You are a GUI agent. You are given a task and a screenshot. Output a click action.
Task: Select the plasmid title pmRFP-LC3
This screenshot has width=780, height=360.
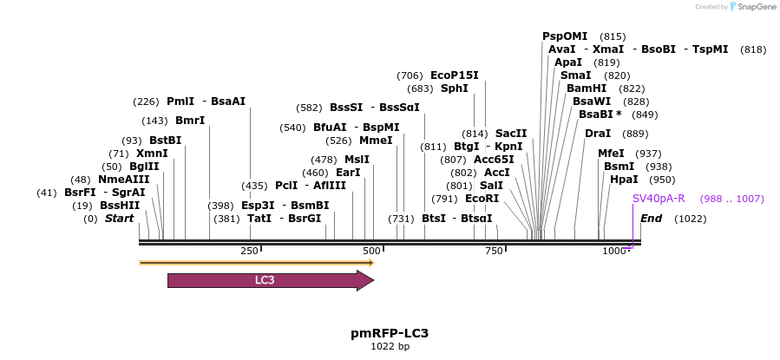point(390,333)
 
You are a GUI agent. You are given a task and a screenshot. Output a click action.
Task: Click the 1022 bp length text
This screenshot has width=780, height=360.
point(390,347)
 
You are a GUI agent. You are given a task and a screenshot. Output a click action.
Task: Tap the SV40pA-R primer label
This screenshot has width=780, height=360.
point(659,199)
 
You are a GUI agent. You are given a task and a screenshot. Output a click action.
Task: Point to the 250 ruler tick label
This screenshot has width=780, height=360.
point(249,251)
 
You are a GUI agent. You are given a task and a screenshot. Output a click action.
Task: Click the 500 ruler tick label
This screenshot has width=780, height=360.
point(371,251)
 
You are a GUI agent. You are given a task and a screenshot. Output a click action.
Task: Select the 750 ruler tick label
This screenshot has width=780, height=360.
point(494,251)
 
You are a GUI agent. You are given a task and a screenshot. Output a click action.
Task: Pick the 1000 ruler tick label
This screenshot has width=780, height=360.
point(613,251)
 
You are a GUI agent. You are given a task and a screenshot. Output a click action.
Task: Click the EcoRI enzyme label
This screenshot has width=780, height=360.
point(482,199)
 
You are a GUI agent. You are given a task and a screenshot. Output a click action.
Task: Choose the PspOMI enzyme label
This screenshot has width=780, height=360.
point(565,36)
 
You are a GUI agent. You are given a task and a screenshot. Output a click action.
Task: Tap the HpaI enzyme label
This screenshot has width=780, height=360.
point(624,180)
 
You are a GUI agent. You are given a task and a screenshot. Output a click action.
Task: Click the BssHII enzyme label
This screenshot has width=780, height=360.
point(120,206)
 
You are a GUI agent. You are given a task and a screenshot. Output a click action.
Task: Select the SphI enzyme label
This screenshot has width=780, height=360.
point(454,88)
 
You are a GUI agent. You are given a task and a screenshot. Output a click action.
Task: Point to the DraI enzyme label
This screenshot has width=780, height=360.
point(598,134)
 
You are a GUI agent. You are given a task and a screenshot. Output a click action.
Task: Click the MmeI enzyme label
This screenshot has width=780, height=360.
point(376,141)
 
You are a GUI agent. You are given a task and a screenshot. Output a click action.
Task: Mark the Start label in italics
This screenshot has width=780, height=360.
point(120,219)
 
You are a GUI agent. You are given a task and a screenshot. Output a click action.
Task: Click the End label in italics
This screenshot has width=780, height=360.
point(652,219)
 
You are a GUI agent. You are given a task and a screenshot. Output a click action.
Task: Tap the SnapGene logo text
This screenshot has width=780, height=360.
point(756,7)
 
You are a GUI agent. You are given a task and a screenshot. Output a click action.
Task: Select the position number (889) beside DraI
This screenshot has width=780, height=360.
point(635,134)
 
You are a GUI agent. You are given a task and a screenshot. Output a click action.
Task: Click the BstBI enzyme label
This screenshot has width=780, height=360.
point(165,141)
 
